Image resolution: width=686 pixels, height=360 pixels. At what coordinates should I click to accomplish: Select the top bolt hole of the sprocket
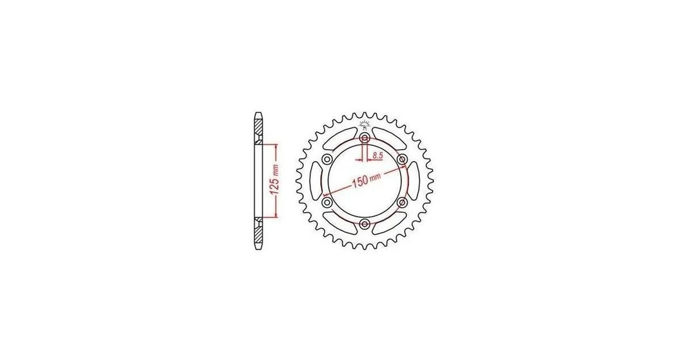tap(364, 138)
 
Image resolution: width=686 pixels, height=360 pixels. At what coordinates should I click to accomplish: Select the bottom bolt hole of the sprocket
tap(364, 224)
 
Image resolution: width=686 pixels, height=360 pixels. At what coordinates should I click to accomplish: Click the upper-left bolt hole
tap(327, 159)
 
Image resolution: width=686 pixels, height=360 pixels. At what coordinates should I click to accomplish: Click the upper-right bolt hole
tap(402, 159)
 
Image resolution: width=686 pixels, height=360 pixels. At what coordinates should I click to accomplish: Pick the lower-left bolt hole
tap(327, 202)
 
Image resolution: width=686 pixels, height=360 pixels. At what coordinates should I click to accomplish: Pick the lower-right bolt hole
tap(402, 202)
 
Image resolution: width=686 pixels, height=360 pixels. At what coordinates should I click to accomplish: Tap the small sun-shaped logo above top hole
tap(364, 124)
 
